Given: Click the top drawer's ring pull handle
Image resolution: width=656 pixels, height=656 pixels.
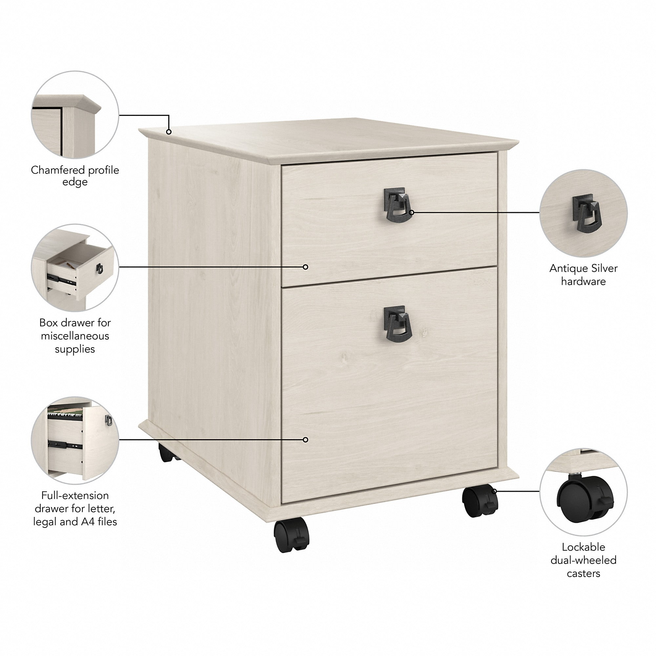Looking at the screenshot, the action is [x=398, y=206].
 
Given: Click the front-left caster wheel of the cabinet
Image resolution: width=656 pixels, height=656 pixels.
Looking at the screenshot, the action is [x=292, y=540].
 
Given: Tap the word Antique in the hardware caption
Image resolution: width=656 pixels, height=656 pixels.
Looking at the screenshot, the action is [x=566, y=269].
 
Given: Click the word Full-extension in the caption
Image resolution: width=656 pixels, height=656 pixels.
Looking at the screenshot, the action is [x=75, y=495].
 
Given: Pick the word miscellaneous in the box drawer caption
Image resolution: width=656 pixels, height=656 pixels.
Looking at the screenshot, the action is [x=75, y=336].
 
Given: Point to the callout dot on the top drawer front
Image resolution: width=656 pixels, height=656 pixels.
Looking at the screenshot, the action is [x=305, y=267].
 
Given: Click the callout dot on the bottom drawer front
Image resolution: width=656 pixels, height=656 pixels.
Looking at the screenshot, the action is [x=305, y=440].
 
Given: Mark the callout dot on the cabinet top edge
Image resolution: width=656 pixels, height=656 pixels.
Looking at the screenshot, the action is [x=169, y=132].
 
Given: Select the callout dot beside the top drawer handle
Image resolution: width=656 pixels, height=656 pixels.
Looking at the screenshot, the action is [x=412, y=213].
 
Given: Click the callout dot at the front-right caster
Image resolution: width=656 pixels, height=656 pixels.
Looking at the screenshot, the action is [x=494, y=491].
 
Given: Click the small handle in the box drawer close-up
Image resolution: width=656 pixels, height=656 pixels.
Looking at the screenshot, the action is [x=99, y=268].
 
